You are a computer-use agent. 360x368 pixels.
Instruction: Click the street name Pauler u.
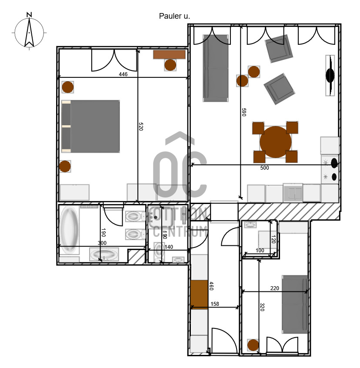174,16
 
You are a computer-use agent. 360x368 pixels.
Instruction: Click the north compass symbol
29,31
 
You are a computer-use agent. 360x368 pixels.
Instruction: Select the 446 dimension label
123,74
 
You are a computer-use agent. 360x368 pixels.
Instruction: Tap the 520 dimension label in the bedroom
141,126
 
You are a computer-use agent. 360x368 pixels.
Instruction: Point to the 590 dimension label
244,112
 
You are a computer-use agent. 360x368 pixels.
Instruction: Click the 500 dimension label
264,168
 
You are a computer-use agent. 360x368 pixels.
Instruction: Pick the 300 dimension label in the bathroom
102,243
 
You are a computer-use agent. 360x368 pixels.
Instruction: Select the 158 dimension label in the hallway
215,304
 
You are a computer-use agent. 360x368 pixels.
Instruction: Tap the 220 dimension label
275,288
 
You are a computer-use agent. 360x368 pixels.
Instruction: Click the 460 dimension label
211,286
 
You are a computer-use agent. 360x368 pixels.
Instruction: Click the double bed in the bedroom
90,127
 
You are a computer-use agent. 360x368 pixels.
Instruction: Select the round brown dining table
276,142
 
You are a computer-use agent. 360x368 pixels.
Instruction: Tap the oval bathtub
69,230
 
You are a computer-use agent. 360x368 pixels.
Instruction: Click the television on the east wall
330,75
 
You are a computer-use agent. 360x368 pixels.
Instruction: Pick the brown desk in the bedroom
169,54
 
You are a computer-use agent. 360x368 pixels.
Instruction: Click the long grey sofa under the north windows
216,68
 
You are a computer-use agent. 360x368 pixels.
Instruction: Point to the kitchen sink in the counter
293,193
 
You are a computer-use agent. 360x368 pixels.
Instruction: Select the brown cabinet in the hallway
199,294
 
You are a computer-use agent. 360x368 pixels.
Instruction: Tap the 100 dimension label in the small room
260,251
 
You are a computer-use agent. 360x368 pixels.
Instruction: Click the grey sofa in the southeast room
295,304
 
